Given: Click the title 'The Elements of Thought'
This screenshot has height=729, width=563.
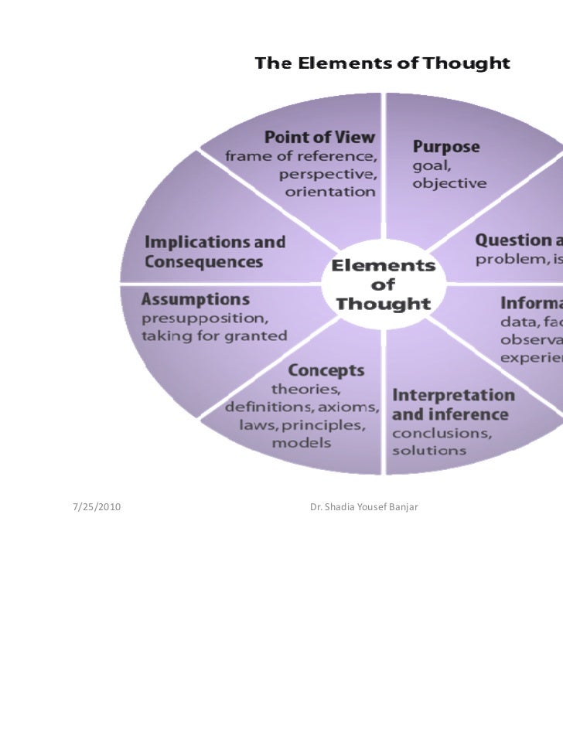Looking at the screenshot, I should pyautogui.click(x=383, y=63).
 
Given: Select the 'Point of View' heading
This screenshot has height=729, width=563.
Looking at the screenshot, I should pyautogui.click(x=319, y=138).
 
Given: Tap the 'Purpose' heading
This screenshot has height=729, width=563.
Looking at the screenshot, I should pyautogui.click(x=446, y=146).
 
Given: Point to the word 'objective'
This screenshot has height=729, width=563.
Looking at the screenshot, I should pyautogui.click(x=449, y=183).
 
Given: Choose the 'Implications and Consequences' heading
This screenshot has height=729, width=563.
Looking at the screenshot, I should pyautogui.click(x=214, y=252).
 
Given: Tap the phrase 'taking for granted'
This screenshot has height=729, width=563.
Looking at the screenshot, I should pyautogui.click(x=213, y=336).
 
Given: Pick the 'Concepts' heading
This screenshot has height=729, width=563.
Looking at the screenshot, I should pyautogui.click(x=315, y=370).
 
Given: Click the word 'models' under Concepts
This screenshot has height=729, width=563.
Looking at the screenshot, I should pyautogui.click(x=302, y=443).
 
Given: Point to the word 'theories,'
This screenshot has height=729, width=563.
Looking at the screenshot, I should pyautogui.click(x=307, y=389).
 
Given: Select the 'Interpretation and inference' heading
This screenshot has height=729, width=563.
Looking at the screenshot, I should pyautogui.click(x=452, y=404).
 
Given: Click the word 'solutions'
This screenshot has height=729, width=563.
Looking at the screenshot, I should pyautogui.click(x=429, y=449).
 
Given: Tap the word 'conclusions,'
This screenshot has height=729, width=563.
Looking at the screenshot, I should pyautogui.click(x=442, y=432).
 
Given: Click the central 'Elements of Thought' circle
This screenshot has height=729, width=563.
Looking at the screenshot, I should pyautogui.click(x=383, y=284).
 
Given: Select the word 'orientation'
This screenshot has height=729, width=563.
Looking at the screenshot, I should pyautogui.click(x=331, y=191).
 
